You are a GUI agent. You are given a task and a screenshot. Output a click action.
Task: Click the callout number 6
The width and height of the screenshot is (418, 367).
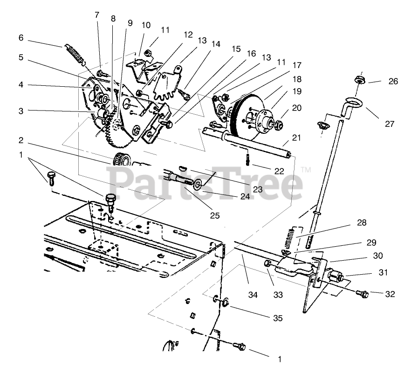(21, 38)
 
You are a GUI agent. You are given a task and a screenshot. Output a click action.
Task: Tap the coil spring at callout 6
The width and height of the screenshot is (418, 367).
(75, 53)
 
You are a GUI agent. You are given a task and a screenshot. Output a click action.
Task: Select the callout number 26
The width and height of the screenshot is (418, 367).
(393, 81)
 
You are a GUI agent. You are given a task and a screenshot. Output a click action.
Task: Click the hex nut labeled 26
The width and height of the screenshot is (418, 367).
(359, 79)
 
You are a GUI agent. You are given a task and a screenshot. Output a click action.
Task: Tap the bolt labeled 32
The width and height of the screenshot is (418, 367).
(362, 294)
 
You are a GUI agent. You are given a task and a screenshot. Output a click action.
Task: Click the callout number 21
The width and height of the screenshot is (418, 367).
(297, 138)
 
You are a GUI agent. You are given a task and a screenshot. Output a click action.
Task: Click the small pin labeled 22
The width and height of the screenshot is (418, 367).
(247, 160)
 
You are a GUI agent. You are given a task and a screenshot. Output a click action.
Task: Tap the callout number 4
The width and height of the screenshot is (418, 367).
(21, 85)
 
